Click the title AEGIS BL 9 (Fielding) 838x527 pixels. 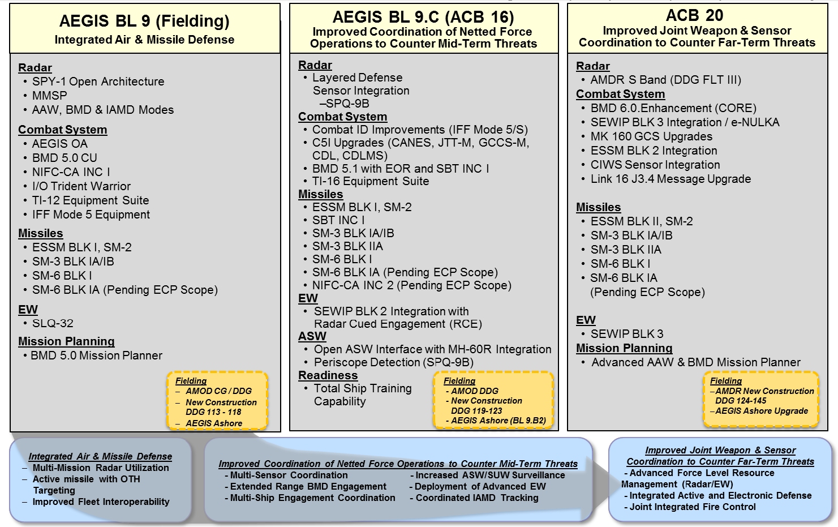click(x=144, y=22)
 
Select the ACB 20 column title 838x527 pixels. click(x=695, y=15)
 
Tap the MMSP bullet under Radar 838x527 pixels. click(x=49, y=96)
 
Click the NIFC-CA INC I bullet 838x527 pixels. click(x=71, y=172)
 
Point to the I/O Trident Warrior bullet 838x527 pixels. click(x=81, y=186)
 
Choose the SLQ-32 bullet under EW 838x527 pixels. click(x=53, y=323)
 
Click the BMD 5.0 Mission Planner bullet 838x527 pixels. click(x=96, y=355)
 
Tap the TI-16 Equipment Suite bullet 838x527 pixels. click(x=371, y=182)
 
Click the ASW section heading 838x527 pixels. click(x=312, y=336)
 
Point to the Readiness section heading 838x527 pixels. click(x=328, y=375)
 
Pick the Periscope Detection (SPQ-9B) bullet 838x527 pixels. click(x=394, y=362)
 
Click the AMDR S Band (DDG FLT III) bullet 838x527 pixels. click(x=665, y=80)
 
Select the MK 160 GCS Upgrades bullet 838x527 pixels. click(x=651, y=136)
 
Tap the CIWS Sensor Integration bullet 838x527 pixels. click(x=655, y=165)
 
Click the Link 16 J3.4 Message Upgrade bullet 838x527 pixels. click(x=671, y=179)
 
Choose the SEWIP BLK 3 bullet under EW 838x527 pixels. click(x=626, y=334)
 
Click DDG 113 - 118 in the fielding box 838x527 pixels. click(x=213, y=412)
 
